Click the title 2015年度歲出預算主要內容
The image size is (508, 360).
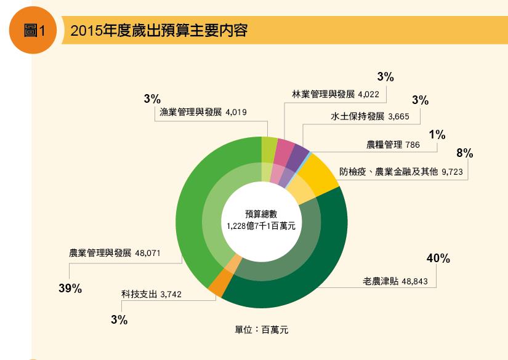[159, 31]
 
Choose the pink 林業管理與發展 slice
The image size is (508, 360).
[284, 148]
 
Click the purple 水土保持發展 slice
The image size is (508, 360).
[300, 151]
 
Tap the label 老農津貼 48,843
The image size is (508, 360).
[400, 282]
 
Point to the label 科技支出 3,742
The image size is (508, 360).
[151, 295]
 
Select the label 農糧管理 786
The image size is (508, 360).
[392, 145]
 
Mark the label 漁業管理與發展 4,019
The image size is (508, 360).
[203, 113]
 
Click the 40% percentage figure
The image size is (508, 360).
[438, 259]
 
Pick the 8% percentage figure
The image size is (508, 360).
[464, 153]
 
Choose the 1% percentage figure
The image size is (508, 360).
[437, 135]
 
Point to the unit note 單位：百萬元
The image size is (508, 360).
[262, 330]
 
